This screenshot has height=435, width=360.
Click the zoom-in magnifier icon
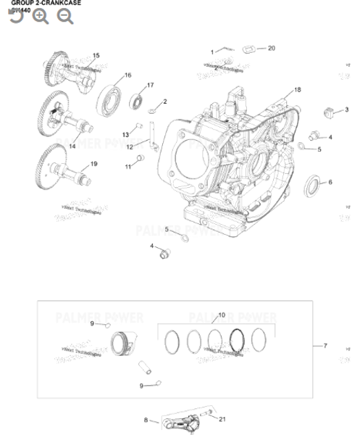pos(41,16)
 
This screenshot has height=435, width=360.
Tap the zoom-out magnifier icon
pos(65,16)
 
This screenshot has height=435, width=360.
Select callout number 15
pos(96,56)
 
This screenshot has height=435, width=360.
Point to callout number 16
pos(127,75)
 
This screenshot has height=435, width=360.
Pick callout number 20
pos(272,49)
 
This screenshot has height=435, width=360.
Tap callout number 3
pos(347,110)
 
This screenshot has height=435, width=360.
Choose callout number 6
pos(330,182)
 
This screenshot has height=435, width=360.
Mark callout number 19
pos(93,163)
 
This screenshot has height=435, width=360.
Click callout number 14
pos(72,146)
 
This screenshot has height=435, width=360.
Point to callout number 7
pos(325,346)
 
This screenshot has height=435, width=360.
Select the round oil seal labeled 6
pos(309,185)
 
